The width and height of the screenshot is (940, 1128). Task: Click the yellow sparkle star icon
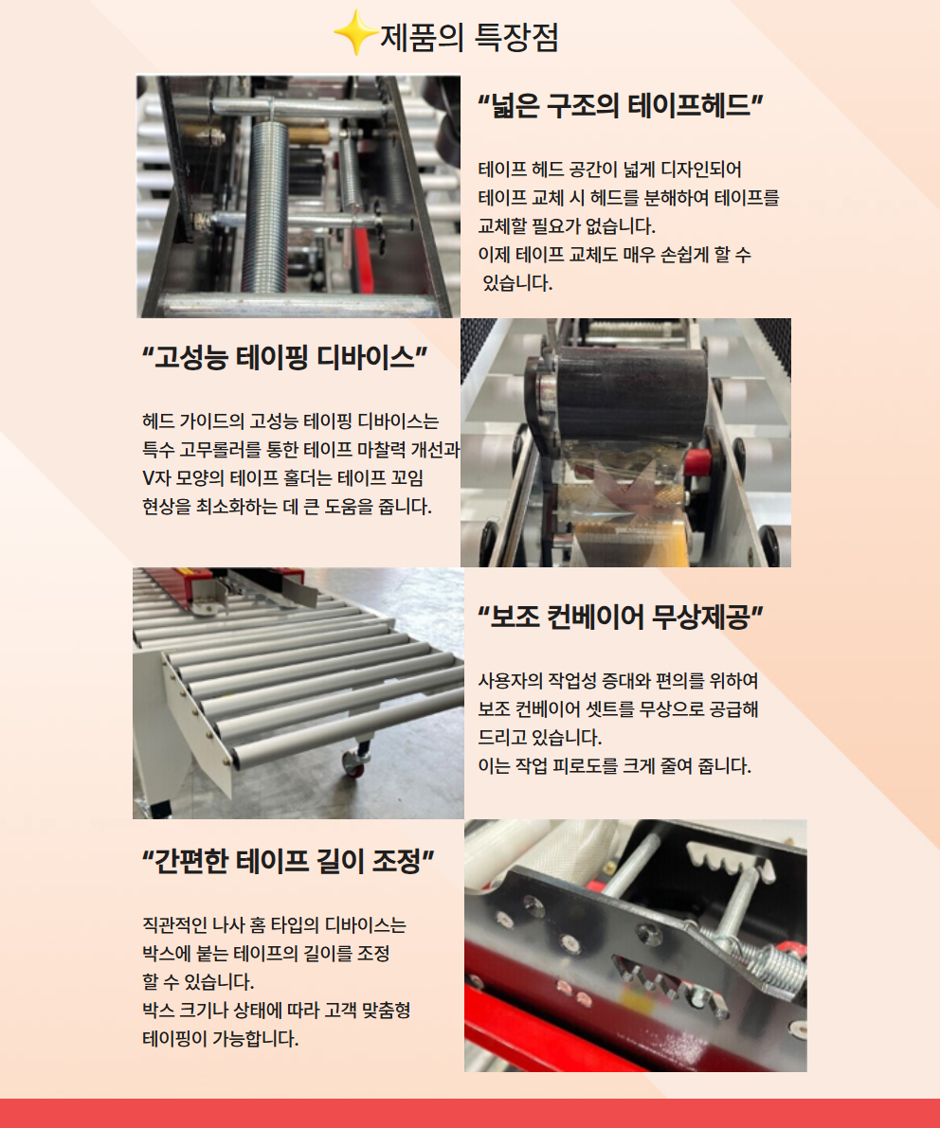pyautogui.click(x=355, y=33)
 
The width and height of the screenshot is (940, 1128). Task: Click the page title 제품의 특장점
pyautogui.click(x=469, y=37)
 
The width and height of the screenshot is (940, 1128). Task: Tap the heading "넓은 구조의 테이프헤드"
pyautogui.click(x=621, y=106)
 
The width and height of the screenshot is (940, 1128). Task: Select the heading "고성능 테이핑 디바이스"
pyautogui.click(x=285, y=357)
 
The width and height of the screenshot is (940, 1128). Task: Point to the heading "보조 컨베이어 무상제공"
pyautogui.click(x=621, y=617)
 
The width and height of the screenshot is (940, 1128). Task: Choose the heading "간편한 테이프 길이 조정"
pyautogui.click(x=288, y=861)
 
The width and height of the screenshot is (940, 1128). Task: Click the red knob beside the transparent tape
pyautogui.click(x=697, y=462)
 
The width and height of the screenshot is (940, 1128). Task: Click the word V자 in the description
pyautogui.click(x=154, y=478)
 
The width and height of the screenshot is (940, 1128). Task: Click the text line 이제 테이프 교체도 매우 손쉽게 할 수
pyautogui.click(x=615, y=255)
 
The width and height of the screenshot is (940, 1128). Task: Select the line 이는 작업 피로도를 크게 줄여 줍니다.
pyautogui.click(x=615, y=766)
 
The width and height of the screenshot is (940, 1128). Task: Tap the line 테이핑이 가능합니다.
pyautogui.click(x=220, y=1039)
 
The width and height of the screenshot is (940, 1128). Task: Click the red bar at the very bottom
pyautogui.click(x=470, y=1114)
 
